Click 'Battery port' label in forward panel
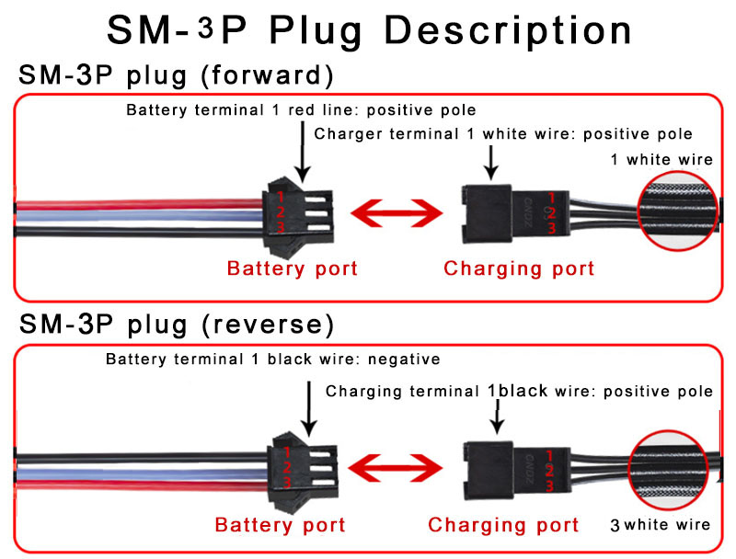point(292,268)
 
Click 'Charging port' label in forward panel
point(519,268)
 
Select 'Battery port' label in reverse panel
point(280,525)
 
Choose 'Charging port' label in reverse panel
point(504,525)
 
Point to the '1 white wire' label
point(661,159)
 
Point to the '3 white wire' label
point(660,525)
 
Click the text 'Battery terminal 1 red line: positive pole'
point(301,110)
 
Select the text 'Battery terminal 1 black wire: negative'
point(272,359)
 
